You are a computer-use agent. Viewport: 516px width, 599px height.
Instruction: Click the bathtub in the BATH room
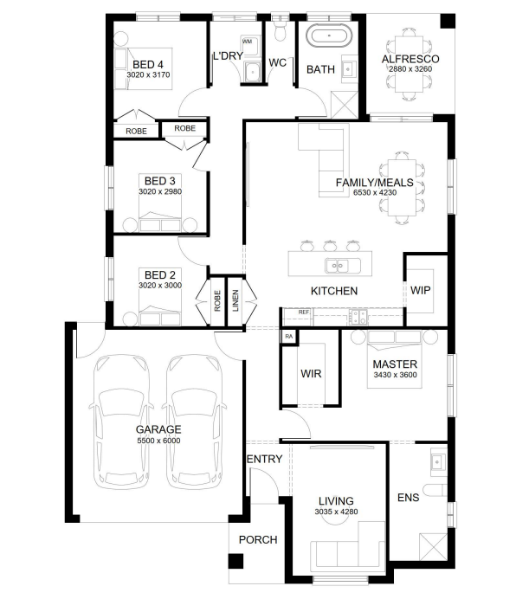329,35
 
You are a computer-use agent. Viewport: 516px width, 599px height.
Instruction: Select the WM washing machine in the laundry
249,45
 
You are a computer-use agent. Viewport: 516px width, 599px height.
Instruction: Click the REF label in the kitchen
304,312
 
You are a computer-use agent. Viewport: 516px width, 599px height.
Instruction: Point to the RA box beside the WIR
289,337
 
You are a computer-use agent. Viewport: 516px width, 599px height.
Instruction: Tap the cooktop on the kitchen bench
358,316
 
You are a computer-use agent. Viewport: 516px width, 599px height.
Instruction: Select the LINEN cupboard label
235,300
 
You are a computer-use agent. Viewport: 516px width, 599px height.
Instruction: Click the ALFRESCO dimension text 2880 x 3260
410,69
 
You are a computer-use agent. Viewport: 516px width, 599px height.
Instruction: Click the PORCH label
258,540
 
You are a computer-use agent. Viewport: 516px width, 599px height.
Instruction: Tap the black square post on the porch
235,561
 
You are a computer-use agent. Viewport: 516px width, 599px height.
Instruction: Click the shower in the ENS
433,547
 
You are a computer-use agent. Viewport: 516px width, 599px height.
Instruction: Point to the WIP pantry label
421,290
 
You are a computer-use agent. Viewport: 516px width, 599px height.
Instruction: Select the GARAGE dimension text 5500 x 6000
158,441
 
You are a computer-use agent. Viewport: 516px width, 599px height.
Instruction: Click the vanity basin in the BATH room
349,69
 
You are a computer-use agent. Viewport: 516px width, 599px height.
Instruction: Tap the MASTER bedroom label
395,364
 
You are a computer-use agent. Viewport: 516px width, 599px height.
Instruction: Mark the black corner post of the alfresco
448,21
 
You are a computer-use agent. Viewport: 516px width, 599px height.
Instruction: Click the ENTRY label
265,459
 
